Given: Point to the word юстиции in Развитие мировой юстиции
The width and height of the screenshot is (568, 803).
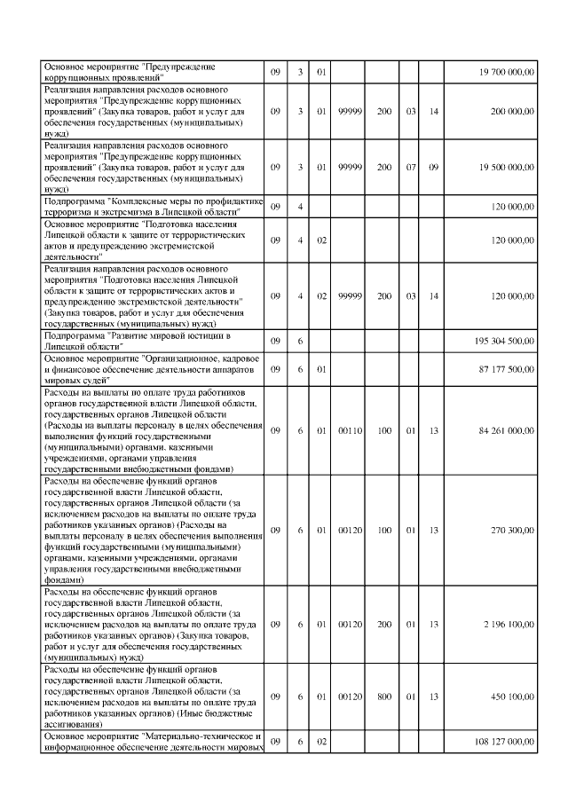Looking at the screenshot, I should coord(208,335).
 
